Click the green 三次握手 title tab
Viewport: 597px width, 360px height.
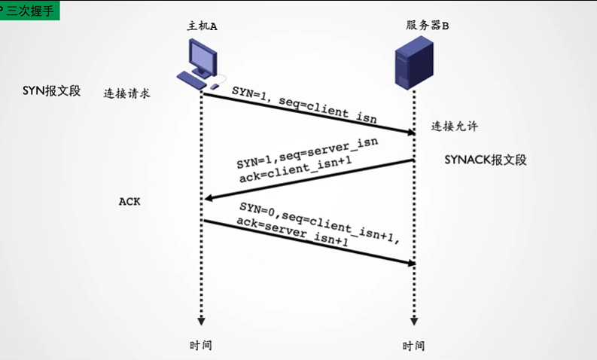pyautogui.click(x=30, y=11)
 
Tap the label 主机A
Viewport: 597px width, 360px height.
pyautogui.click(x=202, y=26)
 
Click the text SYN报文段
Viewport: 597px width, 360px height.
pyautogui.click(x=51, y=91)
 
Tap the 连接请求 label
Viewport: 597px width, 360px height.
pyautogui.click(x=127, y=94)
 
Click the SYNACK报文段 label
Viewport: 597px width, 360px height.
pyautogui.click(x=485, y=160)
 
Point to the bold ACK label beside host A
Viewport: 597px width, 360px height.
pyautogui.click(x=129, y=202)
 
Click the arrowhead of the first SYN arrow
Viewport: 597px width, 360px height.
pyautogui.click(x=411, y=133)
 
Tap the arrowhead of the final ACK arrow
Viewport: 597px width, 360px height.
pyautogui.click(x=411, y=263)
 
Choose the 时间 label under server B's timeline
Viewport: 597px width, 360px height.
pyautogui.click(x=413, y=346)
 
